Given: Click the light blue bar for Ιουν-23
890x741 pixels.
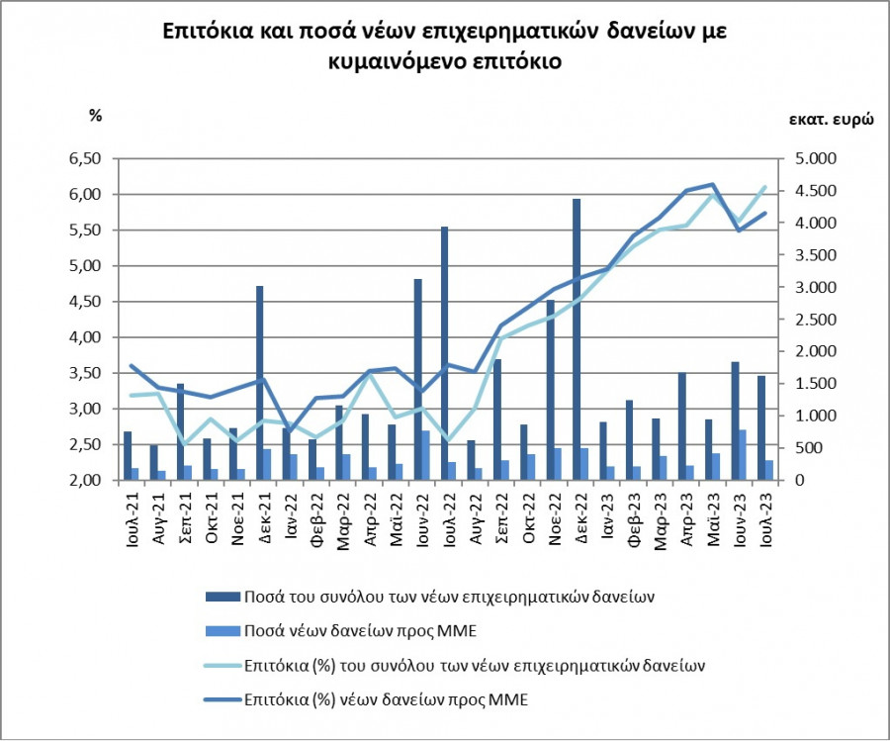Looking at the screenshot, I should coord(742,455).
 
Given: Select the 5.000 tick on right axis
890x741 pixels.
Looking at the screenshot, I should coord(817,158).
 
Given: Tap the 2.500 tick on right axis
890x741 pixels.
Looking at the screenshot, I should coord(817,320).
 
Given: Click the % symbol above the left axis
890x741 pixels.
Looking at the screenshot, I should coord(96,116).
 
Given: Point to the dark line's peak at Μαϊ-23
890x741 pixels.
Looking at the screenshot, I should coord(713,184).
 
